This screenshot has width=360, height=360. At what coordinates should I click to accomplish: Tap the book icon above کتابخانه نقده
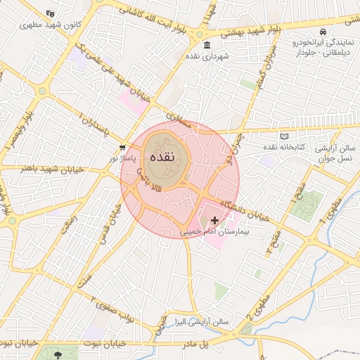click(x=284, y=136)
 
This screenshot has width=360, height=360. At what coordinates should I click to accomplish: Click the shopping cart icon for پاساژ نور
click(x=123, y=148)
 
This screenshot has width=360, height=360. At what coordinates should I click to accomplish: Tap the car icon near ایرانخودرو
click(x=322, y=33)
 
